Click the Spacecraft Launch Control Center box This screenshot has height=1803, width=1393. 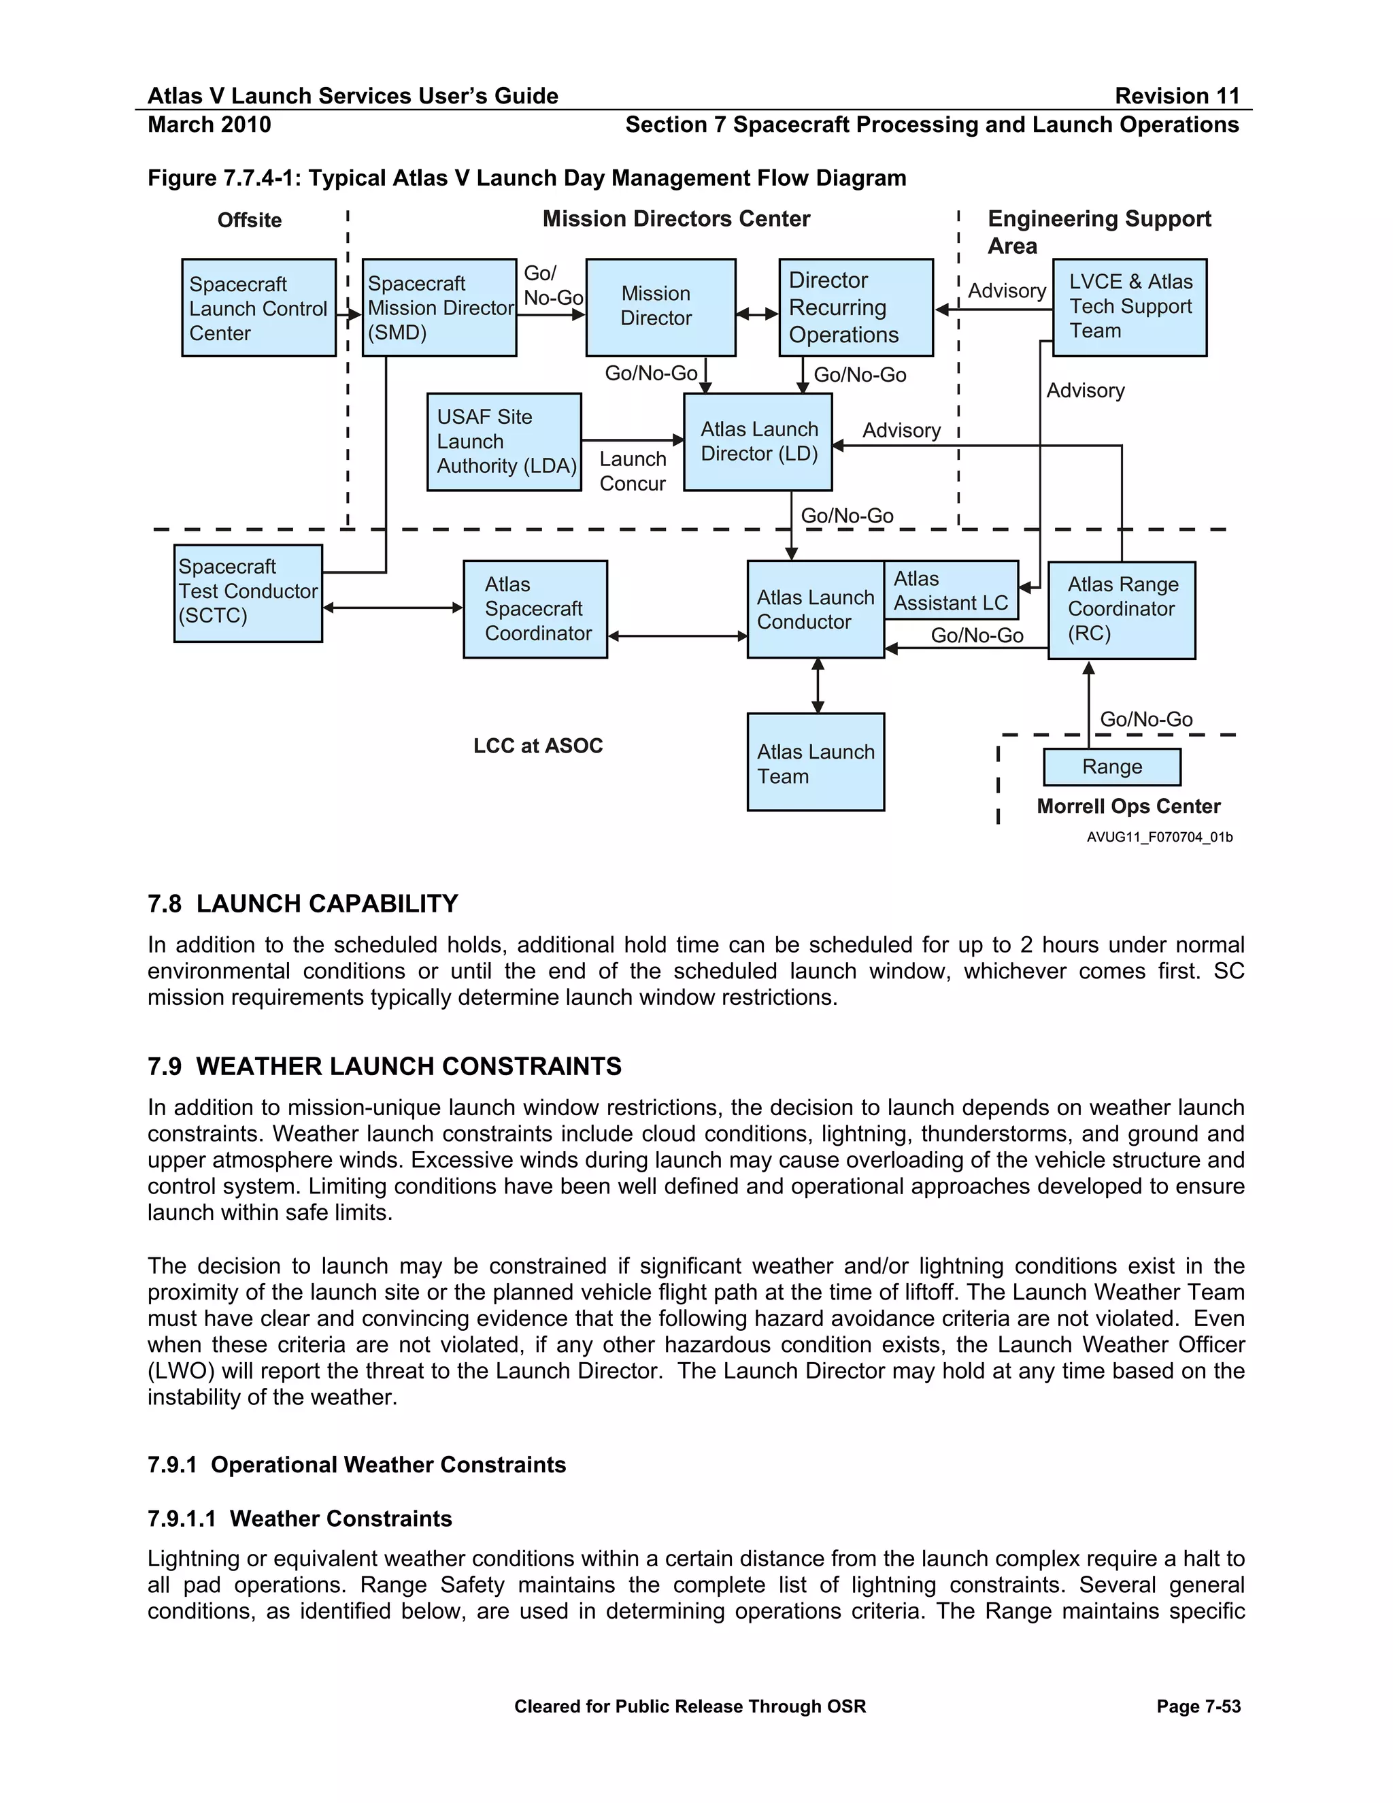tap(258, 308)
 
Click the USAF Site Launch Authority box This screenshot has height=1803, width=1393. tap(503, 442)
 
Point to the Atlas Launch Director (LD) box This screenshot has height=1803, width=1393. tap(758, 442)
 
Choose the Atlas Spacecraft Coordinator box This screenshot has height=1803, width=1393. tap(535, 609)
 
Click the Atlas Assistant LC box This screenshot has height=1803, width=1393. tap(951, 591)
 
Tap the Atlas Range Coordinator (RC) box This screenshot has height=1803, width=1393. tap(1121, 610)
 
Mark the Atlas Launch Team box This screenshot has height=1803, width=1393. tap(816, 762)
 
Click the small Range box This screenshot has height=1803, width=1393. tap(1111, 767)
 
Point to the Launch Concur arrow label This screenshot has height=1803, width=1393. tap(632, 472)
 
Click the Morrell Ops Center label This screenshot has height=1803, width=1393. tap(1128, 806)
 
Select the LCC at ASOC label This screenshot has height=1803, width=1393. tap(538, 746)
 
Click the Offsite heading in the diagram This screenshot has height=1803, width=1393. tap(249, 220)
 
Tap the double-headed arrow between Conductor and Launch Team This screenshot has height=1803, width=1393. tap(817, 685)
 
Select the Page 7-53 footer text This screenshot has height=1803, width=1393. tap(1198, 1706)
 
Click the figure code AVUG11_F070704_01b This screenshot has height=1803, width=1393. tap(1160, 837)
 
